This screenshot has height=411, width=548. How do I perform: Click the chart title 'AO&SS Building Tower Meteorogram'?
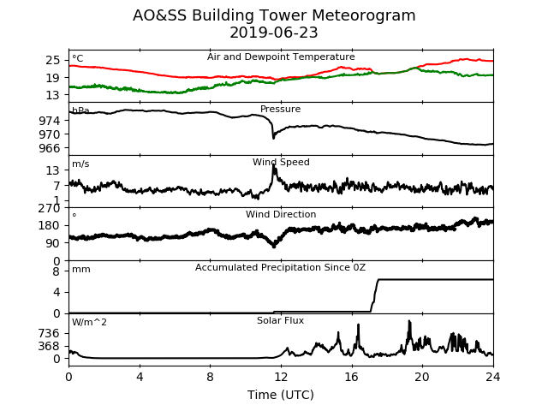[x=274, y=15]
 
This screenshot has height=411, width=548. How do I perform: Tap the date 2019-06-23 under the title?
[x=274, y=33]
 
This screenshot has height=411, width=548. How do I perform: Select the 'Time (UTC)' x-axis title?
[x=281, y=395]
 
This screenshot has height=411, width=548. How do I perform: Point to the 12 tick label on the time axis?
[x=281, y=377]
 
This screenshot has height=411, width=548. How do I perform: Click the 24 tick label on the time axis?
[x=493, y=377]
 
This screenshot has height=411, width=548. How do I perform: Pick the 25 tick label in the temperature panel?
[x=53, y=61]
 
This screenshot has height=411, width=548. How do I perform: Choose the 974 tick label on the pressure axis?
[x=50, y=121]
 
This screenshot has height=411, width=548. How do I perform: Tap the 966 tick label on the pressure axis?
[x=50, y=148]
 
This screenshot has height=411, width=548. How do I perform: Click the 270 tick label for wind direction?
[x=50, y=208]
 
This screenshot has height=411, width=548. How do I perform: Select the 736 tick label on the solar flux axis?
[x=50, y=333]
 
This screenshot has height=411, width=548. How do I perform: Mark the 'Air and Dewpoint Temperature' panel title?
[x=281, y=57]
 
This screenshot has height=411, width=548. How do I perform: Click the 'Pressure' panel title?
[x=281, y=109]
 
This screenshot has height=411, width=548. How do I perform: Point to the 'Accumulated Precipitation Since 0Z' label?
[x=280, y=268]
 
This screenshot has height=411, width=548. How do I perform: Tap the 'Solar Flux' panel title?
[x=280, y=320]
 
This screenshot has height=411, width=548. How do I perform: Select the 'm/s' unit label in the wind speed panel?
[x=80, y=164]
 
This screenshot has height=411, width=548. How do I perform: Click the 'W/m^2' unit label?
[x=89, y=322]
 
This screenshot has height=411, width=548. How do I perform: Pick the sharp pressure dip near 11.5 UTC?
[x=273, y=137]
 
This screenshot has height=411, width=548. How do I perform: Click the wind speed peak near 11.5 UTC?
[x=274, y=166]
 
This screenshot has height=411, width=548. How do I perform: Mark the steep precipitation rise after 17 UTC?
[x=374, y=295]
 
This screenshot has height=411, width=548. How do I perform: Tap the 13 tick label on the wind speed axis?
[x=53, y=171]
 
